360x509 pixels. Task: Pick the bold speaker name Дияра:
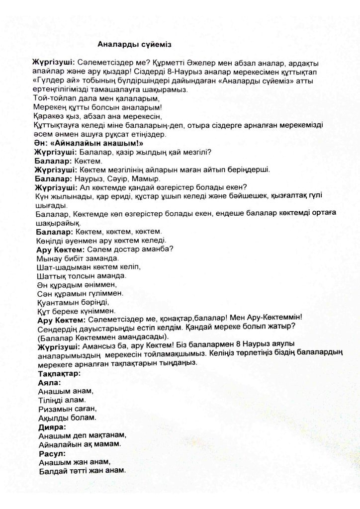click(x=52, y=426)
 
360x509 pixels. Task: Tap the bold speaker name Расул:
click(x=52, y=453)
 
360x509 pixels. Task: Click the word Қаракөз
click(x=49, y=116)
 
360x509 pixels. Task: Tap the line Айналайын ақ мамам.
click(x=80, y=444)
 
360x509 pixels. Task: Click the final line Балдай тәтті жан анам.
click(x=82, y=471)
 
